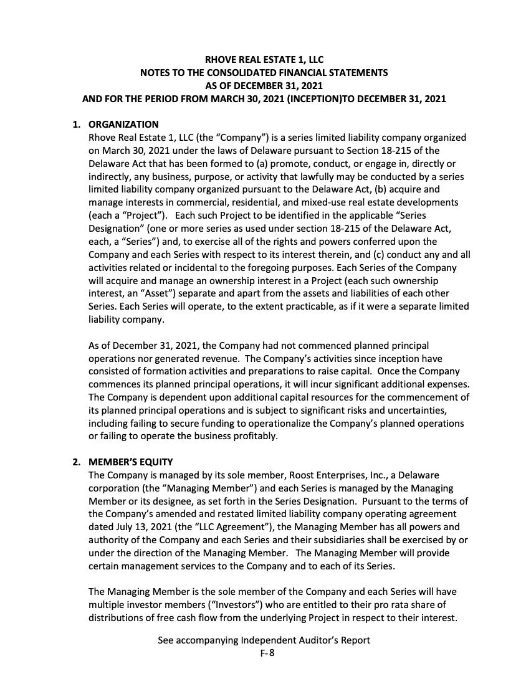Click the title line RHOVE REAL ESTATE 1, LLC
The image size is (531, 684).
(x=264, y=60)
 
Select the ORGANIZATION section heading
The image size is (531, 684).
(x=123, y=125)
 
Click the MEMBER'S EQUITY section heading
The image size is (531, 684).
(x=130, y=462)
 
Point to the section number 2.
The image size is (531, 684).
(x=77, y=462)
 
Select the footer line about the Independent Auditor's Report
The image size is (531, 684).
(x=264, y=640)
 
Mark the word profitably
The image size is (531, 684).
(x=254, y=436)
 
